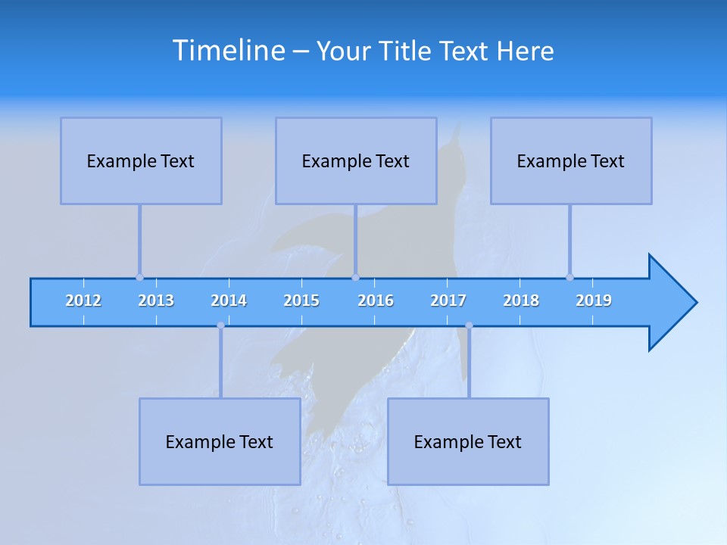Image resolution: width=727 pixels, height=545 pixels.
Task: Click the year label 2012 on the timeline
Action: point(83,301)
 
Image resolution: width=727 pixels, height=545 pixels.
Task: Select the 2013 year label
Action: point(156,301)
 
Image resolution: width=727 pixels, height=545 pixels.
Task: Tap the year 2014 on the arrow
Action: point(229,301)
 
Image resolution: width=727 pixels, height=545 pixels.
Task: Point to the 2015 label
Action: point(301,301)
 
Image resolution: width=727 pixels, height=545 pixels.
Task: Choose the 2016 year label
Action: point(376,301)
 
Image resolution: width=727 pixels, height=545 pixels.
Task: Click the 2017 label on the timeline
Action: point(448,301)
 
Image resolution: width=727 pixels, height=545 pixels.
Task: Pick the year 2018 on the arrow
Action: point(521,301)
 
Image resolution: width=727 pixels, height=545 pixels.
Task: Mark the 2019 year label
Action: point(594,301)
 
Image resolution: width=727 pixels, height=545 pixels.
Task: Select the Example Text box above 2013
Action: point(141,161)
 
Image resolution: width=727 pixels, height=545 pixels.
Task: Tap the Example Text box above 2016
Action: point(356,161)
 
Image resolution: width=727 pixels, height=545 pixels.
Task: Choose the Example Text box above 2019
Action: point(571,161)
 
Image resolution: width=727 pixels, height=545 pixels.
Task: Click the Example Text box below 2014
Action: point(220,442)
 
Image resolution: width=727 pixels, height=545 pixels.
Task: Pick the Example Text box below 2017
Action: point(468,442)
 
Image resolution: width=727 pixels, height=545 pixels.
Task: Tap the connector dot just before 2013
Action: point(139,277)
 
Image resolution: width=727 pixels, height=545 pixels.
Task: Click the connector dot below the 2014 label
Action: point(220,325)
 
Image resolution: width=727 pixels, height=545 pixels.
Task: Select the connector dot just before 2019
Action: point(569,277)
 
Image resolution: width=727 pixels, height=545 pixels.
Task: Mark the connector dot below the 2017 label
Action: point(469,325)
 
